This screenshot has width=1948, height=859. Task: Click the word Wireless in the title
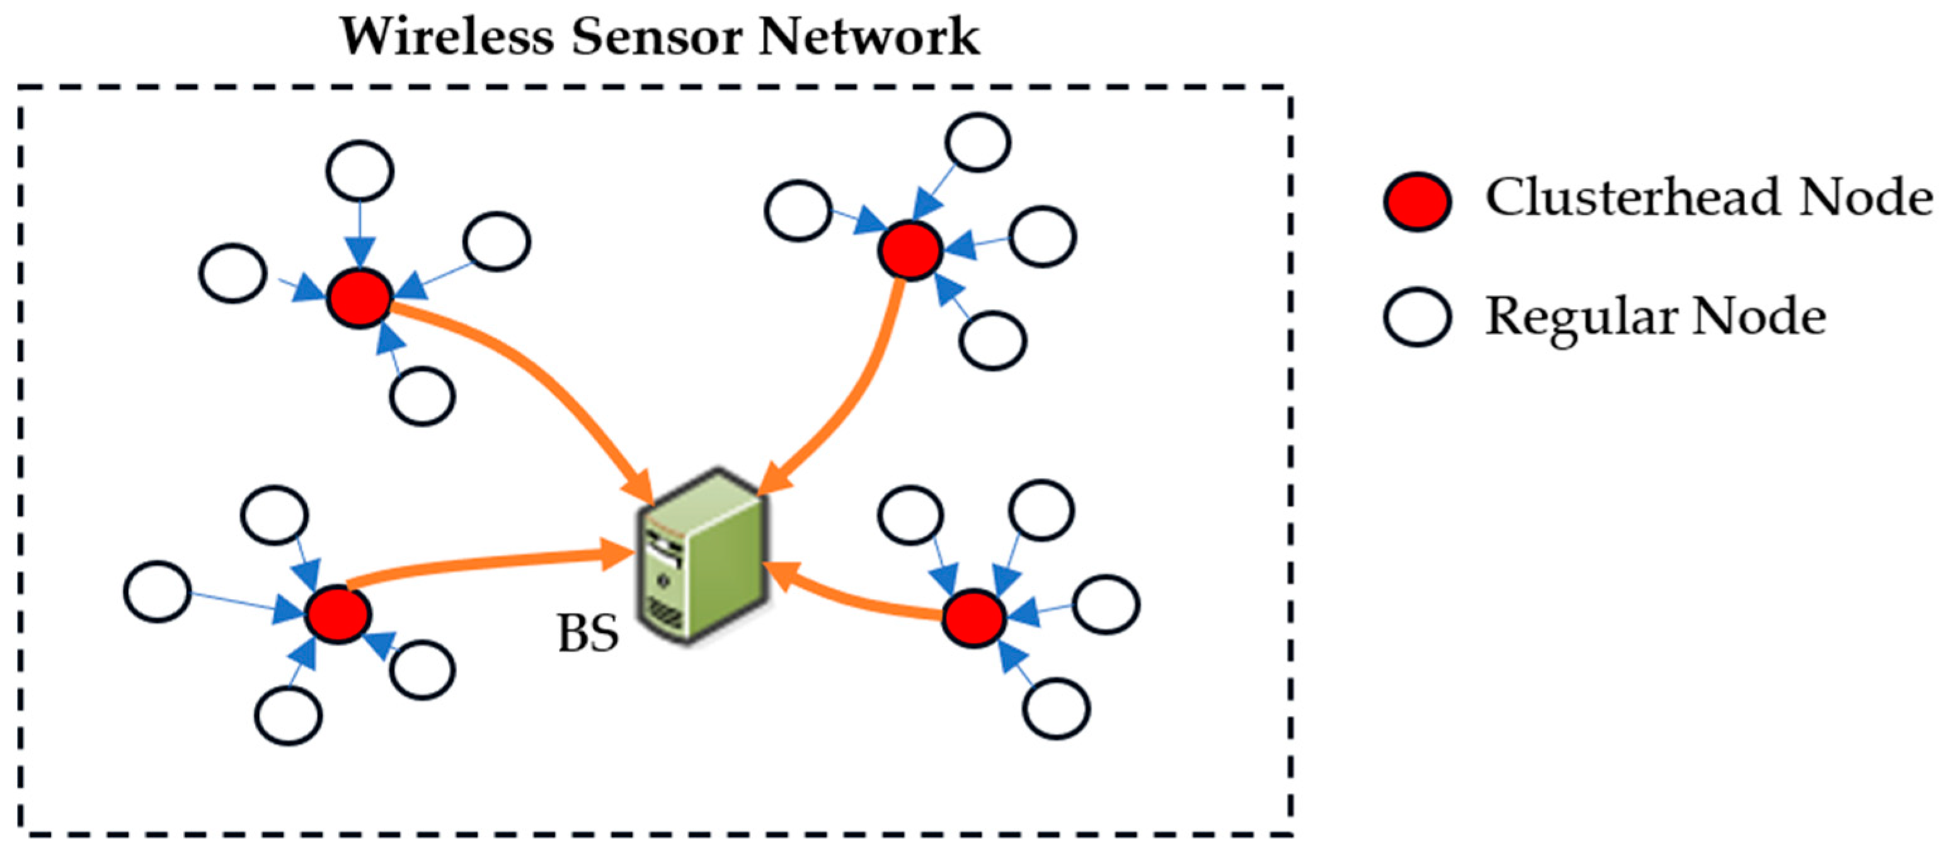pos(446,37)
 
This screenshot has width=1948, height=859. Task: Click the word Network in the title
pos(869,37)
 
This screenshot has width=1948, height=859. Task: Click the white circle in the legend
pos(1417,317)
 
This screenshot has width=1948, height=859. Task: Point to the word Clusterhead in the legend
pos(1634,198)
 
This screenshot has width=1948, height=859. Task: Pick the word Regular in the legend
pos(1581,316)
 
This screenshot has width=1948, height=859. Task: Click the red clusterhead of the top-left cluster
pos(360,298)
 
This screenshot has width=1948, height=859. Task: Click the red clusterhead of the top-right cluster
pos(910,250)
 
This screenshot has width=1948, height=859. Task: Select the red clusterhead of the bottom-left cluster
pos(338,614)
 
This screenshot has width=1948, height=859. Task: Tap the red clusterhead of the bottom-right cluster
pos(974,618)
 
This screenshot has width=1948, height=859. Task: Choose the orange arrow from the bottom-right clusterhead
pos(847,598)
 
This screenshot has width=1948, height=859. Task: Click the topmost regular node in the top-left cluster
pos(360,171)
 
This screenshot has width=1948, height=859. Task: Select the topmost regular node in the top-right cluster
pos(978,142)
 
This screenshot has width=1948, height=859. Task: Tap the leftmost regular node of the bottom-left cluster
pos(158,591)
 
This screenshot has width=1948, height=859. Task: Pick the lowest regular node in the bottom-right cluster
pos(1057,708)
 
